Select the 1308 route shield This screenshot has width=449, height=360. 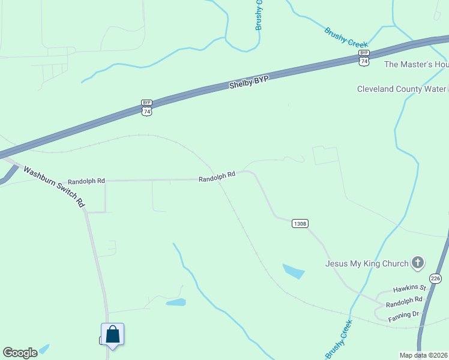point(300,223)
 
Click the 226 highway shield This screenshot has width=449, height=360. point(435,278)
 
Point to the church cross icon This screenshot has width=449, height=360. point(418,262)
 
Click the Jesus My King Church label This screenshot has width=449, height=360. point(366,263)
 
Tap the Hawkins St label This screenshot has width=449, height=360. point(409,289)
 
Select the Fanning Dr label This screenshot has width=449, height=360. point(403,314)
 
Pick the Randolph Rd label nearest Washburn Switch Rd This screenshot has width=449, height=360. point(86,181)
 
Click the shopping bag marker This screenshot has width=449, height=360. point(112,335)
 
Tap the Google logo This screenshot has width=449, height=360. point(20,353)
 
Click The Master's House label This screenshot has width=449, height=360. point(416,64)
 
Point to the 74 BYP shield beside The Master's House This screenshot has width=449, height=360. point(364,58)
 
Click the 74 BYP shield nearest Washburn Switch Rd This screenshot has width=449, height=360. point(147,107)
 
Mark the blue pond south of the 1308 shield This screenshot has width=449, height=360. point(294,271)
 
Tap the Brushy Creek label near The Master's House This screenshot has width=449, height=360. point(346,37)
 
